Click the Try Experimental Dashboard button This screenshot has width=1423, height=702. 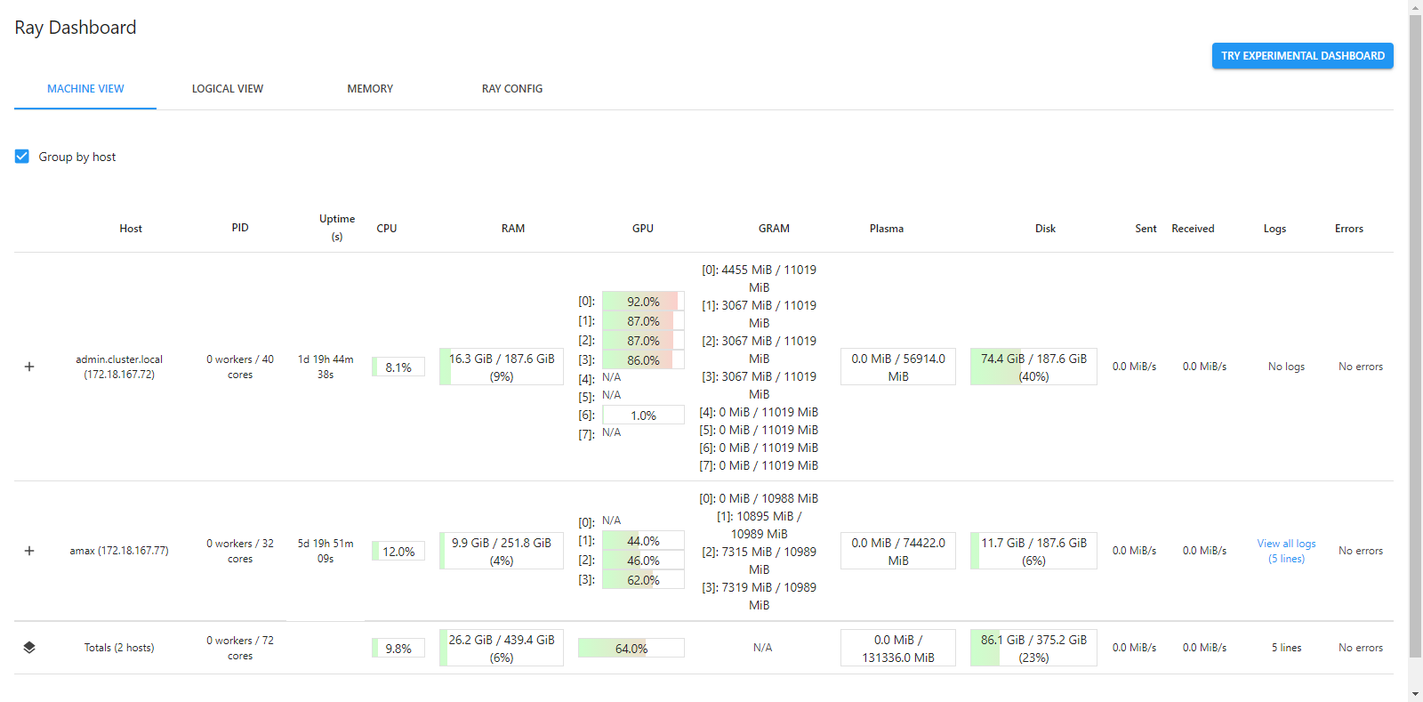click(x=1302, y=56)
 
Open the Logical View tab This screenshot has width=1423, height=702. click(x=228, y=89)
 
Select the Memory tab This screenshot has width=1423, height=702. click(x=370, y=89)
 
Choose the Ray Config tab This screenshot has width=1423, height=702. click(x=512, y=89)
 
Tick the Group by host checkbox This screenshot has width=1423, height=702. click(x=22, y=157)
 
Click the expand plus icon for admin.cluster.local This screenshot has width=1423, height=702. click(x=29, y=367)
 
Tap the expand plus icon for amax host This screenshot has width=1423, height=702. click(x=29, y=551)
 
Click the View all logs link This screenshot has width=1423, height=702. click(x=1286, y=551)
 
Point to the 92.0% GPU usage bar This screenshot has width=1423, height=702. click(x=643, y=301)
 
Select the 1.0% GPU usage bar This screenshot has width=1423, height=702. click(x=643, y=415)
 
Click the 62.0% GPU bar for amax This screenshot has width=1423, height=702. click(x=643, y=579)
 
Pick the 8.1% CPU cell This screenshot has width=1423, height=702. click(x=398, y=367)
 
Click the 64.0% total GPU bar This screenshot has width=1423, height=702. click(x=631, y=648)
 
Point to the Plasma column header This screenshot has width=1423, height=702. click(x=886, y=229)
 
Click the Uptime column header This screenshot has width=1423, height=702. click(x=337, y=228)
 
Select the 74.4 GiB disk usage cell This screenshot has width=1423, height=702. click(x=1033, y=367)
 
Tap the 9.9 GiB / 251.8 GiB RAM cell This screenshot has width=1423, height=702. click(x=502, y=551)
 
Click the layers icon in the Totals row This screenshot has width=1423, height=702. click(x=29, y=648)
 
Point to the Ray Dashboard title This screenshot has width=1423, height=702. click(x=75, y=28)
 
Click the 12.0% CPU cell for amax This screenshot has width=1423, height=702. click(x=398, y=552)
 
